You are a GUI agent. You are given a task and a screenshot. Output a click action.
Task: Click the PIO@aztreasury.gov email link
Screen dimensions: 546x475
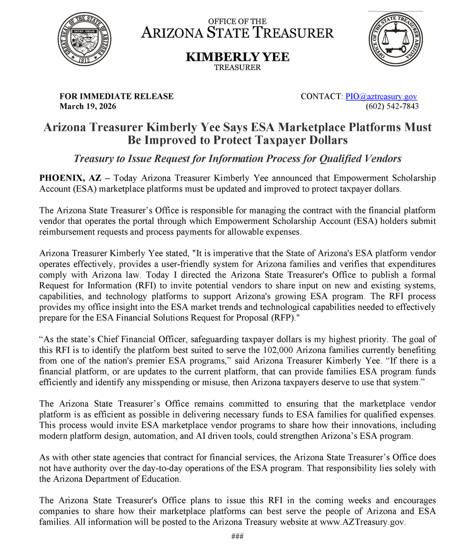pos(381,96)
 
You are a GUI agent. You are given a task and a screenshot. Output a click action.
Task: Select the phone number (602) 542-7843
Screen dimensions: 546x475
pos(392,106)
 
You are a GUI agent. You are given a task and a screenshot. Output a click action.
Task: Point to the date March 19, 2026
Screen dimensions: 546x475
pos(88,106)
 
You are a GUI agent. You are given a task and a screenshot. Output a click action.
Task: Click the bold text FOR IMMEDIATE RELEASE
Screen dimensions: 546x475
pos(116,96)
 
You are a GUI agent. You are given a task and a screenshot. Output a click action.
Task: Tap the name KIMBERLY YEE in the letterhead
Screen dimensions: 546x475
pos(237,57)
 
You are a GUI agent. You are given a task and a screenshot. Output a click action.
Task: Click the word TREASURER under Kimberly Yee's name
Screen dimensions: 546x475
pos(237,68)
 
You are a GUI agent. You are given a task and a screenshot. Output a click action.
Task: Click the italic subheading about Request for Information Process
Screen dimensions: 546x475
pos(237,159)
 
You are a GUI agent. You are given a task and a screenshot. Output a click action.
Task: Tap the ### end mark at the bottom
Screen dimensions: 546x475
pos(237,536)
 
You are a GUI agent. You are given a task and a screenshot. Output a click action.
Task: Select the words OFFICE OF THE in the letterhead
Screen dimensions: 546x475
pos(237,21)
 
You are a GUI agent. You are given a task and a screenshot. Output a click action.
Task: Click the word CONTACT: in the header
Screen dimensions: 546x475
pos(321,96)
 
